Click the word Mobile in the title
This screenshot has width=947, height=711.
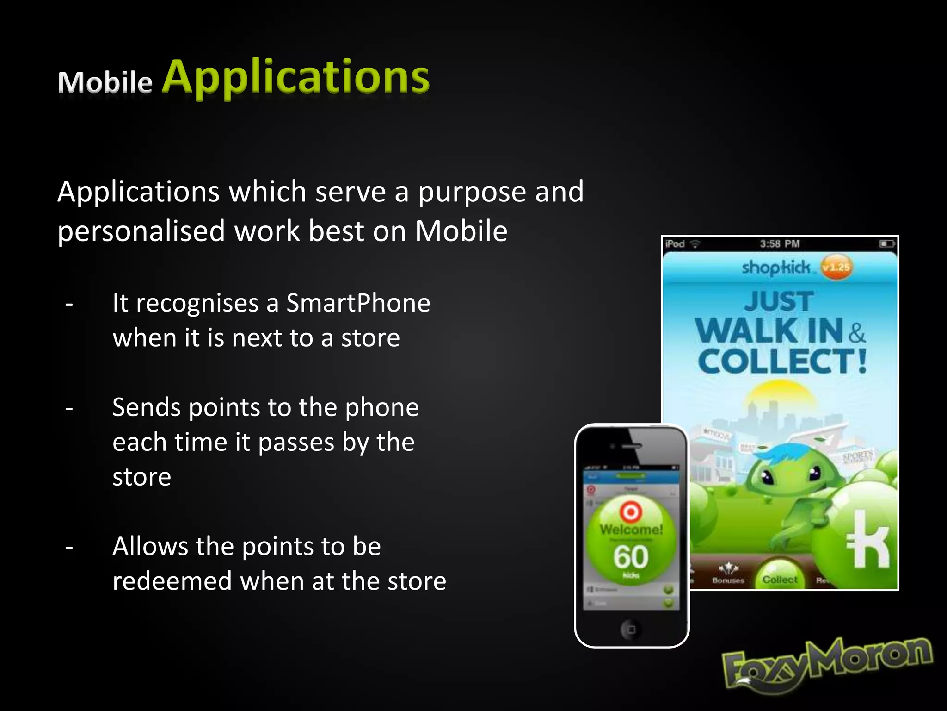pyautogui.click(x=105, y=82)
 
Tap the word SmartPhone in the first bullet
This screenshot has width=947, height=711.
pyautogui.click(x=358, y=303)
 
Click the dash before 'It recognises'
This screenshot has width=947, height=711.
pyautogui.click(x=69, y=304)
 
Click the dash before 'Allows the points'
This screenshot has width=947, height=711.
pyautogui.click(x=69, y=547)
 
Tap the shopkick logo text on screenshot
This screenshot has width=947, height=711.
pyautogui.click(x=775, y=268)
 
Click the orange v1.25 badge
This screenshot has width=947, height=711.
pyautogui.click(x=836, y=267)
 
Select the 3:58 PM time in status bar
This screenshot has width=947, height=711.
pyautogui.click(x=780, y=244)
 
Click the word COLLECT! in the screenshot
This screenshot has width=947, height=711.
pyautogui.click(x=781, y=362)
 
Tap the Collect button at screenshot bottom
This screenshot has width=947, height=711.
pyautogui.click(x=780, y=579)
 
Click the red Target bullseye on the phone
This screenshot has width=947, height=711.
pyautogui.click(x=631, y=512)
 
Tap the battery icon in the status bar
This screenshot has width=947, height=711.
pyautogui.click(x=886, y=243)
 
